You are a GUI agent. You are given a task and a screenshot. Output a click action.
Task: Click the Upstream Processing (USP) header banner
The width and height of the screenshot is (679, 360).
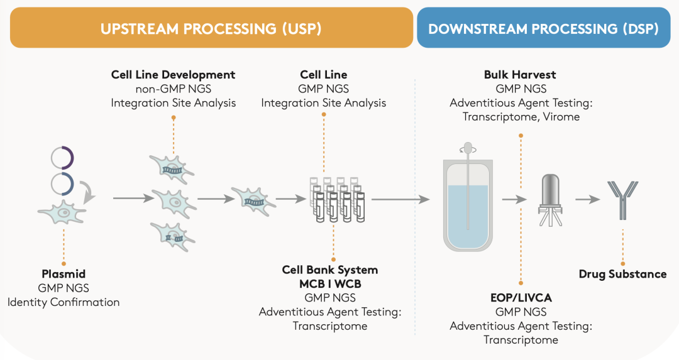(211, 28)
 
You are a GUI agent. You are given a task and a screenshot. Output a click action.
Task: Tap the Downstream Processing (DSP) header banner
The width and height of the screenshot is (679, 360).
(543, 28)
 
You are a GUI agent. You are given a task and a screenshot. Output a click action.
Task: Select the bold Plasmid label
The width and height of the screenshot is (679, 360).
(63, 274)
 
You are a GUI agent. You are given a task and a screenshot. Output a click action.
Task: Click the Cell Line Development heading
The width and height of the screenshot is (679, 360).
(173, 75)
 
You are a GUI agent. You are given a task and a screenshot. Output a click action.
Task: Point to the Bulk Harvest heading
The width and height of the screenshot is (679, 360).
(520, 75)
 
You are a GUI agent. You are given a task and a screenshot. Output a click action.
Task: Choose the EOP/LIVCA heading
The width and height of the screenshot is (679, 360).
(521, 298)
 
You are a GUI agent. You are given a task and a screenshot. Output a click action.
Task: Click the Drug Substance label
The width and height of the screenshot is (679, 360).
(622, 274)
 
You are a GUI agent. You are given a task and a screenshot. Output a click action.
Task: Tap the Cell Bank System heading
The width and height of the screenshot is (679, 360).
(330, 270)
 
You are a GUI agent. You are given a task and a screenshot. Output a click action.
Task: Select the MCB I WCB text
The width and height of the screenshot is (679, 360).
(330, 284)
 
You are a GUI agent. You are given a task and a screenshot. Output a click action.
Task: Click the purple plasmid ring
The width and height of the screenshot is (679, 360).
(63, 158)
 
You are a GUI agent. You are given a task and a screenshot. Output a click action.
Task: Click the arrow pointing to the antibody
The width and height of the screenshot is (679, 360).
(587, 199)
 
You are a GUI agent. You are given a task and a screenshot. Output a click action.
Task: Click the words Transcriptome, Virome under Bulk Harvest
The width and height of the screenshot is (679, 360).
(521, 116)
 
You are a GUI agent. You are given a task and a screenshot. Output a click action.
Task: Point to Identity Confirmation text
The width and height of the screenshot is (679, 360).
(63, 302)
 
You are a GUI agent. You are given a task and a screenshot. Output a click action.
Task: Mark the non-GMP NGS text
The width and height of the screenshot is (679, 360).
(173, 89)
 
